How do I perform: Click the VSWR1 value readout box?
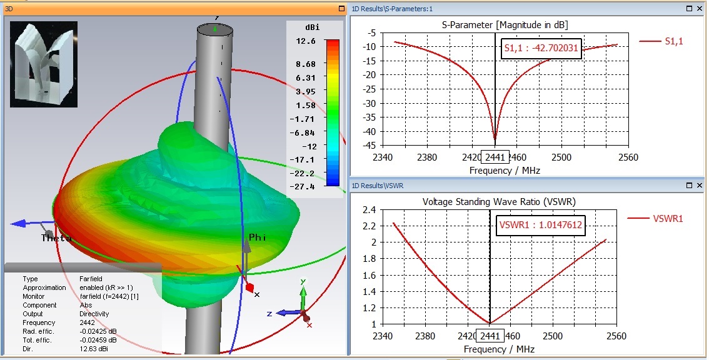541,226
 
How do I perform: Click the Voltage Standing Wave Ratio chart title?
499,202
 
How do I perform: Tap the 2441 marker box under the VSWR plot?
490,336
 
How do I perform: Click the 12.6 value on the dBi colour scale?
310,41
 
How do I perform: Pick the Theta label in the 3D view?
56,238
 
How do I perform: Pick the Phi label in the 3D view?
258,237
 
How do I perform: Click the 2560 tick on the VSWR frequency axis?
616,336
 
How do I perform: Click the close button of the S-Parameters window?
698,9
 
